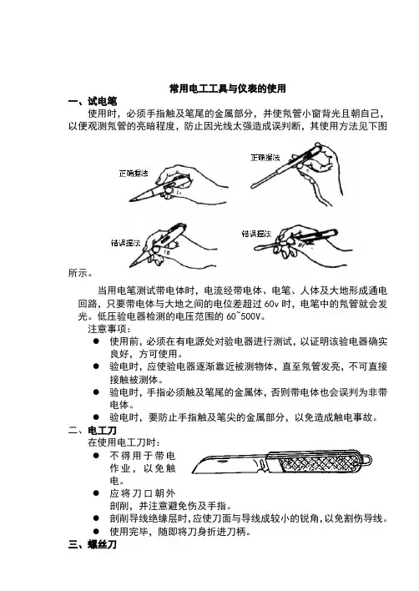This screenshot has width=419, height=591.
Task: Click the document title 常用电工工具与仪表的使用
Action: click(x=228, y=88)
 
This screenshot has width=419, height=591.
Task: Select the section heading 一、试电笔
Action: click(x=93, y=101)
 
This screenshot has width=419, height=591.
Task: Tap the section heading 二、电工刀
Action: click(x=93, y=430)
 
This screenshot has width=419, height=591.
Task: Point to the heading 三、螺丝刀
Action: click(x=93, y=544)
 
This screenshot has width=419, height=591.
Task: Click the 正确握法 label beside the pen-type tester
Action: click(x=134, y=174)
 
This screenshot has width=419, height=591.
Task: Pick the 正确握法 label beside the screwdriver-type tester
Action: click(x=265, y=158)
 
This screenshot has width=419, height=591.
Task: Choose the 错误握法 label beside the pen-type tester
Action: click(x=125, y=243)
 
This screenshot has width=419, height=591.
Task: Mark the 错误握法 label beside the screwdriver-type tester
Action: click(x=256, y=234)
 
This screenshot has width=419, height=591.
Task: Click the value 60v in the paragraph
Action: click(x=271, y=304)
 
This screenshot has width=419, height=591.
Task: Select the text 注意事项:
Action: click(x=109, y=329)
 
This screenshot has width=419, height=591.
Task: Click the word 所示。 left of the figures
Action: click(x=80, y=273)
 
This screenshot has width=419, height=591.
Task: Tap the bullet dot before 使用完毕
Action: click(x=97, y=531)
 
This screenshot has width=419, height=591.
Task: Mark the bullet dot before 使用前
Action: click(x=97, y=341)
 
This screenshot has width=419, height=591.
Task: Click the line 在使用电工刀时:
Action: click(x=124, y=442)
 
